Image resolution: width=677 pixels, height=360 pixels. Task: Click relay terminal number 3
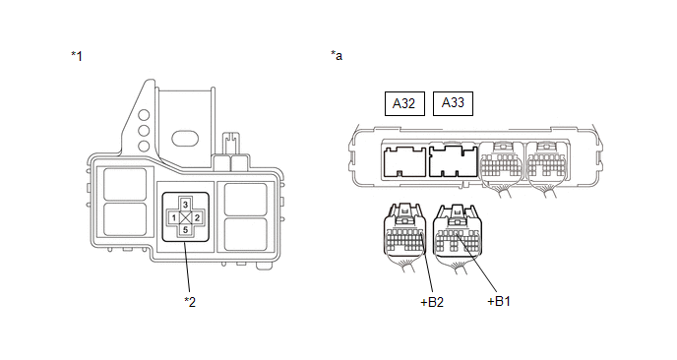point(185,205)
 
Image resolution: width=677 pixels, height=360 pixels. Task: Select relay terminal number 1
point(173,217)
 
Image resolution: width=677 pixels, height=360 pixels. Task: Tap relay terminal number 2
point(197,217)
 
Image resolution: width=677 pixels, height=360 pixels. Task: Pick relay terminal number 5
point(185,229)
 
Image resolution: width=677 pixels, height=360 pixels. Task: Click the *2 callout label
point(190,302)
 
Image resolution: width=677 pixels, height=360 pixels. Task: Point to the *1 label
point(77,56)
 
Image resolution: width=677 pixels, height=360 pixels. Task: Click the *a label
point(337,55)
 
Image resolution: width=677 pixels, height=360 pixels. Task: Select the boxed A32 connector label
point(404,103)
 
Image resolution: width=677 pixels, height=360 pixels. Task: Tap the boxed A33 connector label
point(453,103)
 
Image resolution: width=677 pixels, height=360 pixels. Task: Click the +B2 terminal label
point(432,302)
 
